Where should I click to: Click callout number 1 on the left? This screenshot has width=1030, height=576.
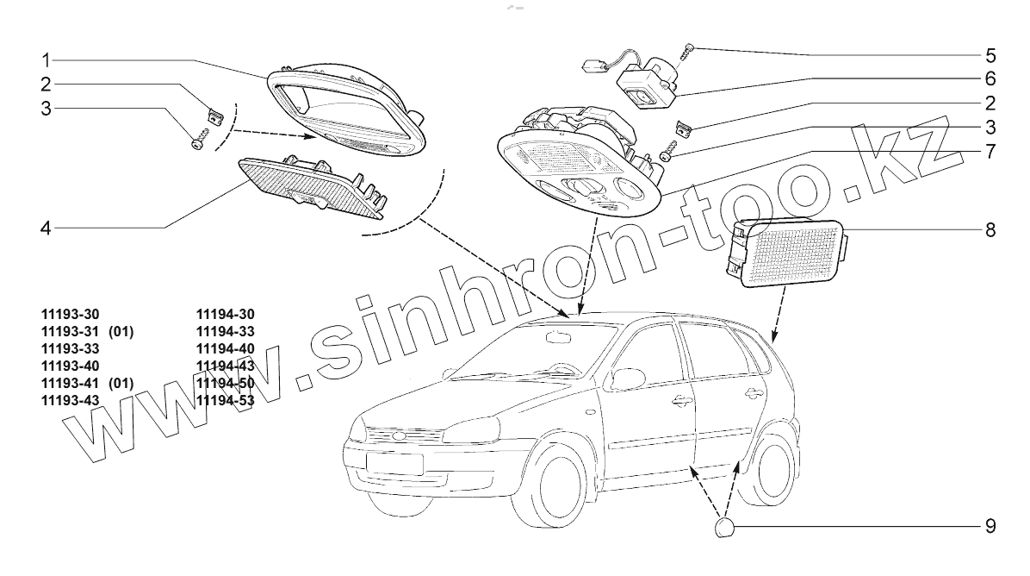pos(47,59)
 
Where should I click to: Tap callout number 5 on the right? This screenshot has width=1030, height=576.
pos(990,56)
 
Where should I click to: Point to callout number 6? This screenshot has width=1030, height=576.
pos(990,78)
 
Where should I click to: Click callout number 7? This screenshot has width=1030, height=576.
pos(990,152)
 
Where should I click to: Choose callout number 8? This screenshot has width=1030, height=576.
pos(990,229)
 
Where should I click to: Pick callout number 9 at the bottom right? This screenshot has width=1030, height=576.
pos(990,525)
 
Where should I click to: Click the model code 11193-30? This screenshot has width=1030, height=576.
pos(69,315)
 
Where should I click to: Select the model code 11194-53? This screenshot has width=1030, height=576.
pos(225,401)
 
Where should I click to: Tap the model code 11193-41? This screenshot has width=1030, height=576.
pos(69,384)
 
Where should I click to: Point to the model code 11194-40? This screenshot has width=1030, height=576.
pos(225,349)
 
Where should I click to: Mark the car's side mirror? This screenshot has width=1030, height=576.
pos(627,379)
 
